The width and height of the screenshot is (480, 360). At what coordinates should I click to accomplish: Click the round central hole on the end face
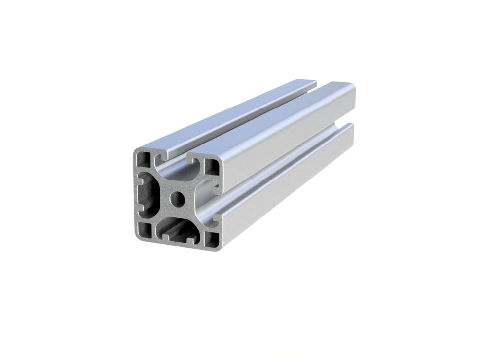176,199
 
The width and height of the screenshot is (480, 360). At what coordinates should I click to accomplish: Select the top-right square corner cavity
211,166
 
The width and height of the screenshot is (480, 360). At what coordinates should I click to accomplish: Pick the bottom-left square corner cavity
145,229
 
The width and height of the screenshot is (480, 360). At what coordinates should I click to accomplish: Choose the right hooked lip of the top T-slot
191,161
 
